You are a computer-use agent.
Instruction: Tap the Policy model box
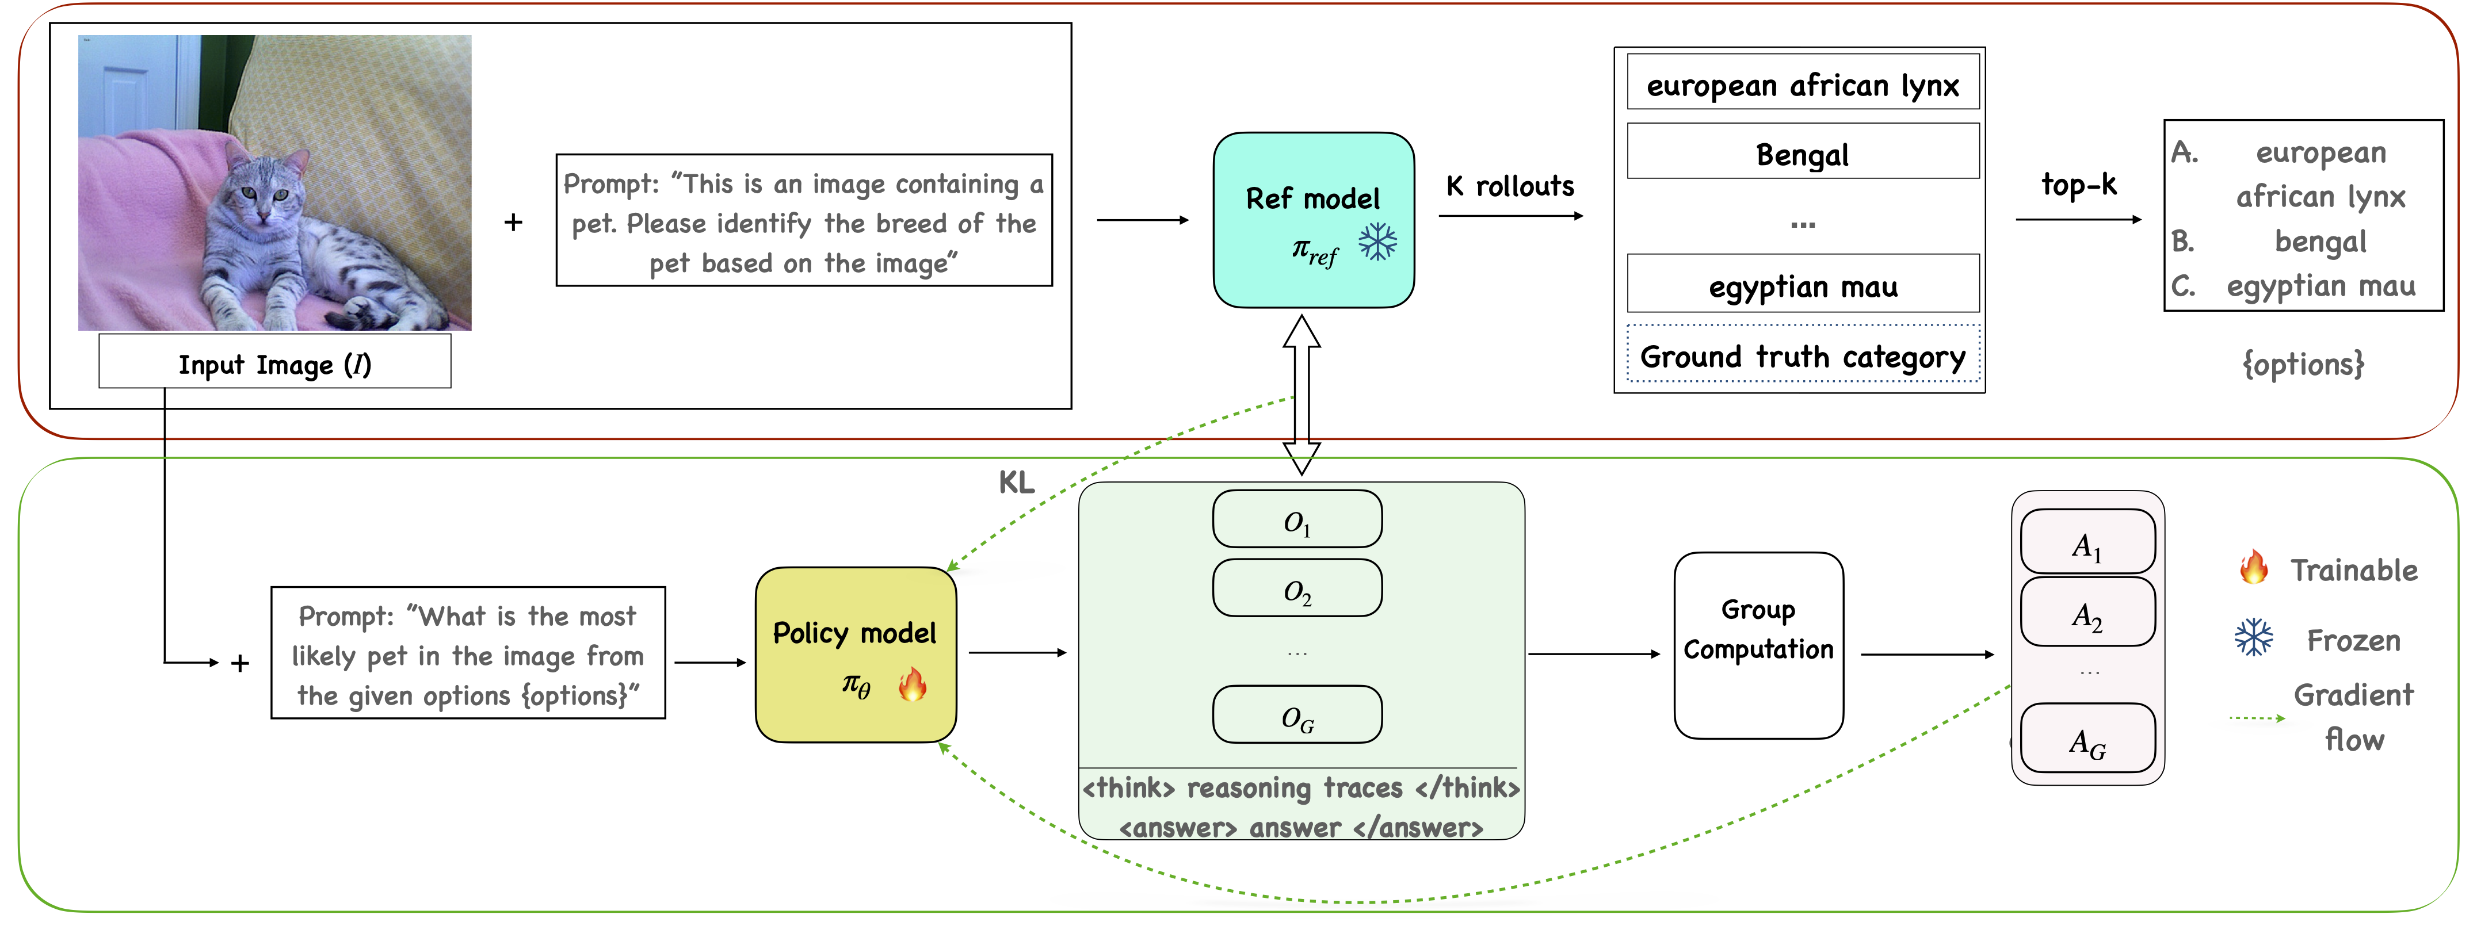[x=855, y=653]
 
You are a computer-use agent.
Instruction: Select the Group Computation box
[x=1758, y=644]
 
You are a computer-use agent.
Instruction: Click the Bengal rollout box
[x=1802, y=152]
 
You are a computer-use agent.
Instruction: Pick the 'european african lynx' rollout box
[x=1802, y=83]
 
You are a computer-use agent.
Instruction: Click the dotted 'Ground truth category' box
[x=1802, y=355]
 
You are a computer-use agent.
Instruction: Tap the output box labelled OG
[x=1296, y=714]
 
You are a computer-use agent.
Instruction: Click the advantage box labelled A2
[x=2086, y=612]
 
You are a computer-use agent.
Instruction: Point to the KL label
[x=1016, y=481]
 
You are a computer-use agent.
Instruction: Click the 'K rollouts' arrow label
[x=1510, y=186]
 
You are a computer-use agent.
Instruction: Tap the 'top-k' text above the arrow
[x=2078, y=183]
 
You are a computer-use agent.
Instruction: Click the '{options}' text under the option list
[x=2302, y=364]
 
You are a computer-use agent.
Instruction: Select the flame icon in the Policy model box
[x=911, y=684]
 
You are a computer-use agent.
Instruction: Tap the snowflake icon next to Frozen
[x=2253, y=637]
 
